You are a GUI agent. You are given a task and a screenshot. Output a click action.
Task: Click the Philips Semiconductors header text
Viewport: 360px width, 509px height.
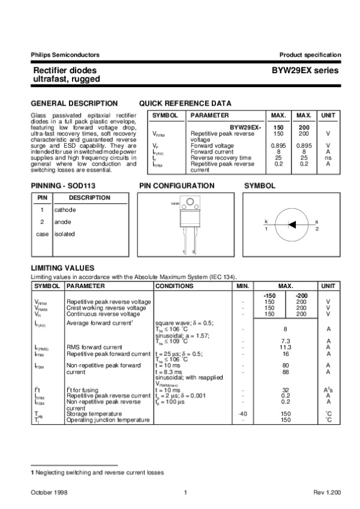(x=65, y=55)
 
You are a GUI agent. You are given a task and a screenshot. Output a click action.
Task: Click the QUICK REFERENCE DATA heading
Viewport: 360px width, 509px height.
(x=185, y=103)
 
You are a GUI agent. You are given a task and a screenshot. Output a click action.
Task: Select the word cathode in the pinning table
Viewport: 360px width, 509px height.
(x=65, y=210)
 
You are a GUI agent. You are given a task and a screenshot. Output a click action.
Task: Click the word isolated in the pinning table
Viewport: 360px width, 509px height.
(x=65, y=234)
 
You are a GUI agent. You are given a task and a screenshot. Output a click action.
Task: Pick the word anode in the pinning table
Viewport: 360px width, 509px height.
(x=63, y=222)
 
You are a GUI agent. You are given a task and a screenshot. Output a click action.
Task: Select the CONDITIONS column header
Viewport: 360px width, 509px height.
(x=175, y=286)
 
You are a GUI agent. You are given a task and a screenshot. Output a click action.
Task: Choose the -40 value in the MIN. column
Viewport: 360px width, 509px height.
(x=242, y=414)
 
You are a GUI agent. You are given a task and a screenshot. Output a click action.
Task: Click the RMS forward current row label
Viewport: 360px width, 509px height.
(x=92, y=347)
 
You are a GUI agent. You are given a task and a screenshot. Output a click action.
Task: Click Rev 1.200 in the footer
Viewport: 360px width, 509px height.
(x=327, y=492)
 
